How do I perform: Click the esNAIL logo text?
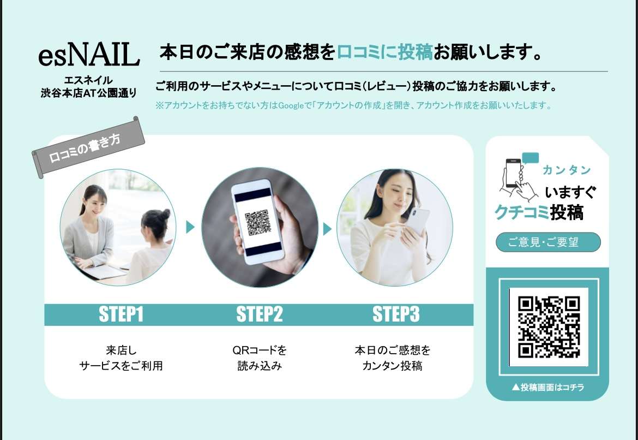coord(89,55)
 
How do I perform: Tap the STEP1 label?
coord(121,314)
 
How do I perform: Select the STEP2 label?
coord(260,314)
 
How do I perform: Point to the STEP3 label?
coord(396,314)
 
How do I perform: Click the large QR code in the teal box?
coord(549,326)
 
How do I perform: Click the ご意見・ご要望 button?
coord(548,242)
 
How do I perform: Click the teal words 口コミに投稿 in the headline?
coord(384,52)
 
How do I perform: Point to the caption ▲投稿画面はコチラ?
coord(547,387)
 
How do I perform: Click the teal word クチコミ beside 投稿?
coord(521,212)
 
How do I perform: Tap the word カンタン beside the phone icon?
coord(567,170)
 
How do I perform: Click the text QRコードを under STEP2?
coord(260,350)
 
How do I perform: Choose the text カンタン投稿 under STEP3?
coord(392,366)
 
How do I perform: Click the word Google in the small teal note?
coord(290,105)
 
